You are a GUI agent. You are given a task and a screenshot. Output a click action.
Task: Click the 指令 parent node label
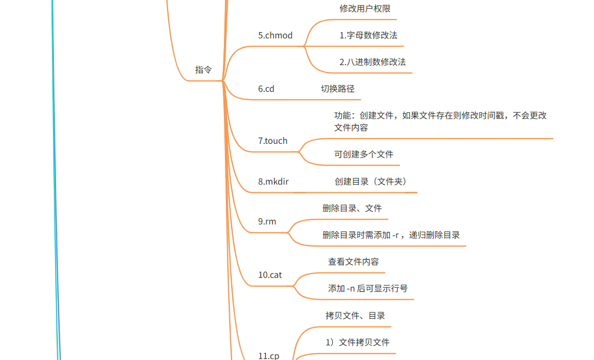(x=204, y=69)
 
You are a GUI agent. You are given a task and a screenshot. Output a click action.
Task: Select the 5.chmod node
(x=275, y=35)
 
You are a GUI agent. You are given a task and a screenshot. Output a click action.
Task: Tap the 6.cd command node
(x=266, y=89)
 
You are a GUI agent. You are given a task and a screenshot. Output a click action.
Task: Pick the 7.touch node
(x=272, y=141)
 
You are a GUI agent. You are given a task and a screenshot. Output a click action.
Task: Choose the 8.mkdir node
(x=273, y=182)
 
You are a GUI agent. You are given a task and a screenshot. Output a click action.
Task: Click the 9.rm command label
(x=267, y=222)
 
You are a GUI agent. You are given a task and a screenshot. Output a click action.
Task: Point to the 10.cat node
(x=270, y=275)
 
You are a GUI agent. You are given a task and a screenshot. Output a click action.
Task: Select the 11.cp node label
(x=269, y=356)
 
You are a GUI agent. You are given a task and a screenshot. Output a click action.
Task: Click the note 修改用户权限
(x=365, y=9)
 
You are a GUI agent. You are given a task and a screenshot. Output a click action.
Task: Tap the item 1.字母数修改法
(x=368, y=35)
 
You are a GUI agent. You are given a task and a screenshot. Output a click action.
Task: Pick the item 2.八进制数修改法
(x=373, y=62)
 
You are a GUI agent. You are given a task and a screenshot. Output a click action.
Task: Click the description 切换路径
(x=338, y=89)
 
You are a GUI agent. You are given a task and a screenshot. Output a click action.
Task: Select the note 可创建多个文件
(x=364, y=154)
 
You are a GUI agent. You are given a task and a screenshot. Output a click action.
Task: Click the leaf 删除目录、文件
(x=352, y=208)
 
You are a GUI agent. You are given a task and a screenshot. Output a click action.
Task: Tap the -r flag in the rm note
(x=395, y=235)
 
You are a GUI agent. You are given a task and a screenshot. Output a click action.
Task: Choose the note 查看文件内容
(x=354, y=262)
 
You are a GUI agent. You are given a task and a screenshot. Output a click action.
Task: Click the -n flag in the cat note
(x=351, y=289)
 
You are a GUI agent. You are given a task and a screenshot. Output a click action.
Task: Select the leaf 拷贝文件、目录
(x=355, y=316)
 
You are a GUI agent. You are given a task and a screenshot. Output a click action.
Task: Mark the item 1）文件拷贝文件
(x=357, y=343)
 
